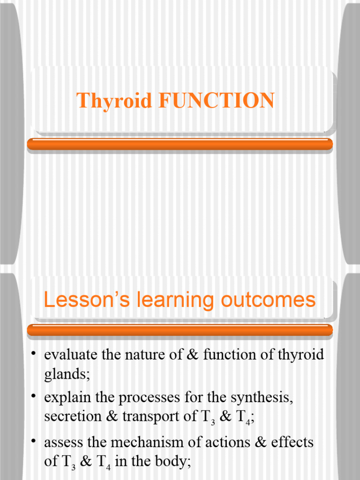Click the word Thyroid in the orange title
coord(115,101)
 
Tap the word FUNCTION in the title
coord(217,101)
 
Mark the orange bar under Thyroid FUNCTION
coord(180,144)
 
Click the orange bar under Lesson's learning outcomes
coord(180,330)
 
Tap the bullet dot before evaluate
coord(34,352)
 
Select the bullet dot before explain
coord(34,396)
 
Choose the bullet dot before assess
coord(34,440)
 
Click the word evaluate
coord(71,355)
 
